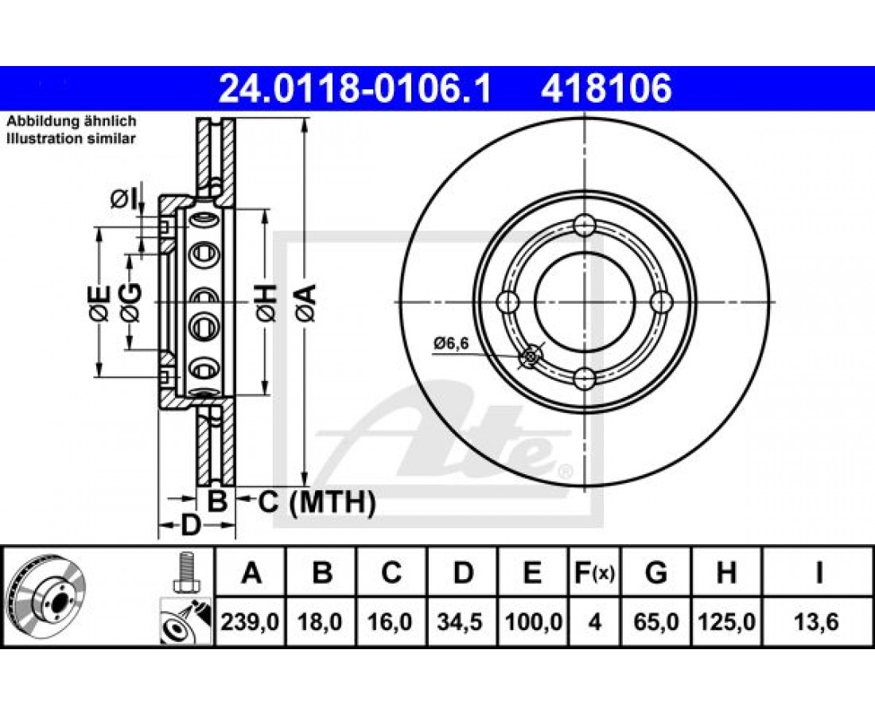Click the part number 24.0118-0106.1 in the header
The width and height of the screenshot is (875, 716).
[x=355, y=88]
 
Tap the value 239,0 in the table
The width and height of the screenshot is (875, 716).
[x=250, y=621]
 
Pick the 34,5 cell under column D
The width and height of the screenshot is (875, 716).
[x=461, y=621]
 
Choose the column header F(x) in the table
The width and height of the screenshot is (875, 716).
[x=595, y=573]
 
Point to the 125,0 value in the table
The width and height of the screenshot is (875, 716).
[x=726, y=621]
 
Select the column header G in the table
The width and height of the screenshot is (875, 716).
[x=655, y=573]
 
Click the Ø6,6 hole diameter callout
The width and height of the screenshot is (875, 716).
[x=450, y=343]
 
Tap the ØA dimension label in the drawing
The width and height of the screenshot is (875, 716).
[x=306, y=302]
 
